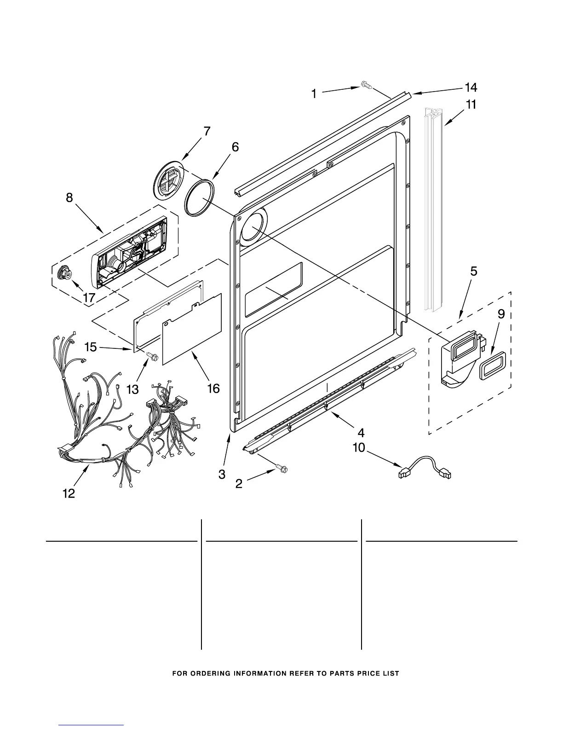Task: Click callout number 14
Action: [x=471, y=87]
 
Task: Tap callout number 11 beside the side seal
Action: [x=471, y=105]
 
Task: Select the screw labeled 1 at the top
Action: [x=366, y=84]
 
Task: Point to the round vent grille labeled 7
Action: [x=167, y=180]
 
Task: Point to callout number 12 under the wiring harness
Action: [x=69, y=494]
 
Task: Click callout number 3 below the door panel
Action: [x=222, y=474]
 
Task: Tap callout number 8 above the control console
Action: [x=69, y=198]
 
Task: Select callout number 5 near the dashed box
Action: [x=473, y=272]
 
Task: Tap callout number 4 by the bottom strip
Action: [x=361, y=433]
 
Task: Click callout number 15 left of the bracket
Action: [x=91, y=347]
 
